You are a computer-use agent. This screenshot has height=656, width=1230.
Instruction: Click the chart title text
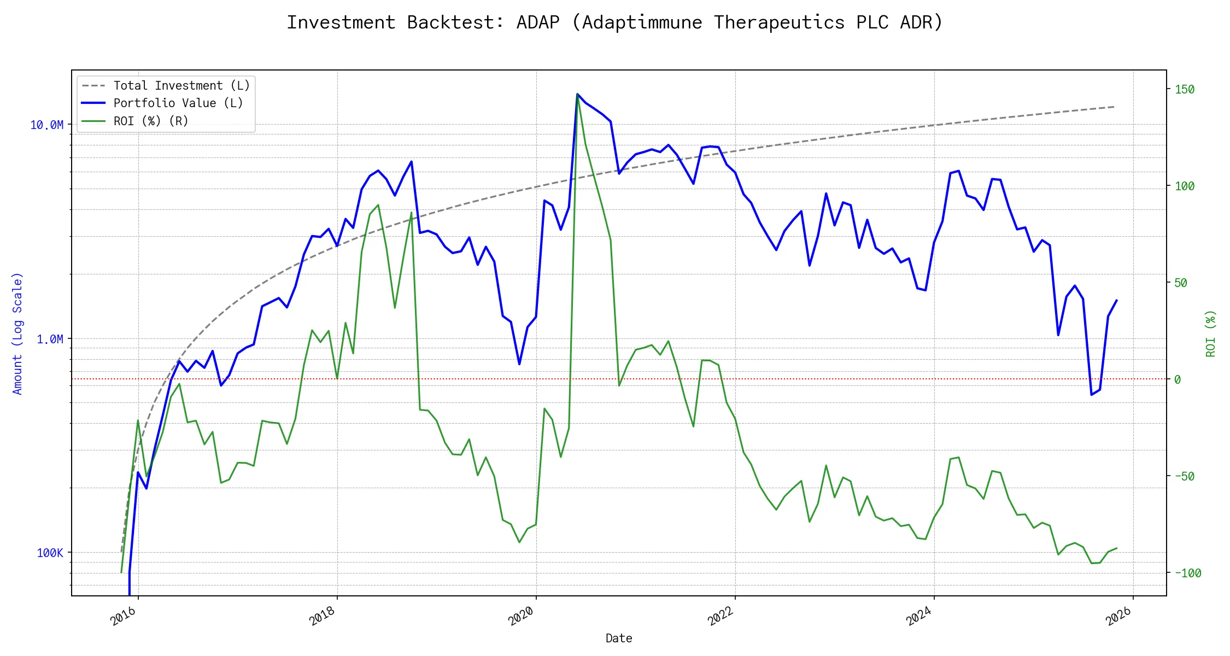(614, 22)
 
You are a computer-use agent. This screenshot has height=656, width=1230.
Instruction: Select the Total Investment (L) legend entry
(181, 86)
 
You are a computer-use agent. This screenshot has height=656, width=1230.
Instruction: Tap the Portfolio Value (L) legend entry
(178, 103)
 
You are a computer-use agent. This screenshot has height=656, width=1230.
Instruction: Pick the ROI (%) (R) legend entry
(151, 121)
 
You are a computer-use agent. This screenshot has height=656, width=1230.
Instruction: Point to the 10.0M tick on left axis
(46, 125)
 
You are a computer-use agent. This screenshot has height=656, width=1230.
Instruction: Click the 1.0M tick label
(50, 339)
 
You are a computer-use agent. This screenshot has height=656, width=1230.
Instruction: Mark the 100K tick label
(50, 553)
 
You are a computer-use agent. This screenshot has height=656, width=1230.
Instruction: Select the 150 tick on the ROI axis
(1185, 90)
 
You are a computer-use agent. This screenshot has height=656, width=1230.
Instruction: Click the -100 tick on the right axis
(1187, 573)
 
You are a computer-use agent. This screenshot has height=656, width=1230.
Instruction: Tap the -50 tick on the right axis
(1185, 477)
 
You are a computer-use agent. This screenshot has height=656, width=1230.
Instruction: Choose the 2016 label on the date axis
(123, 616)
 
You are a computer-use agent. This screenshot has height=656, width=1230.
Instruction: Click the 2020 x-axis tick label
(521, 616)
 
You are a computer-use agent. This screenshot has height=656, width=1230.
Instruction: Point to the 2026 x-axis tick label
(1118, 616)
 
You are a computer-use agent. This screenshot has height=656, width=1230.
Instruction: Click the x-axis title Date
(619, 639)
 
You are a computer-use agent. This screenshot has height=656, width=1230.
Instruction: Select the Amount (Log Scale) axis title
(17, 333)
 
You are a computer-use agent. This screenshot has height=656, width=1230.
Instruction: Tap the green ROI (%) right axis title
(1211, 333)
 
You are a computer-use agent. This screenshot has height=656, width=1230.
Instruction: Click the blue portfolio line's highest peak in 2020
(577, 94)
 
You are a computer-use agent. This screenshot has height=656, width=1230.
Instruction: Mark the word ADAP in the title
(538, 22)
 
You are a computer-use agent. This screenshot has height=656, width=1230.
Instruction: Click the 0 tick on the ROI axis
(1178, 380)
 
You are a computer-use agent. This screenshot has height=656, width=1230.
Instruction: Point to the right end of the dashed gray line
(1114, 107)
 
